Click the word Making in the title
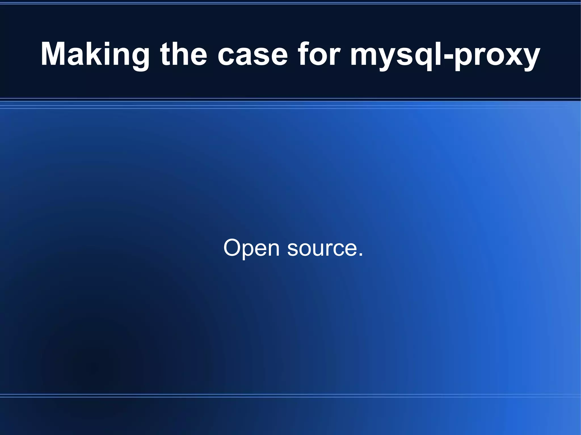(x=95, y=54)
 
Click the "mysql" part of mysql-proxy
(x=394, y=55)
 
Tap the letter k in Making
(x=98, y=54)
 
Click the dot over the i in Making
(x=111, y=43)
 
